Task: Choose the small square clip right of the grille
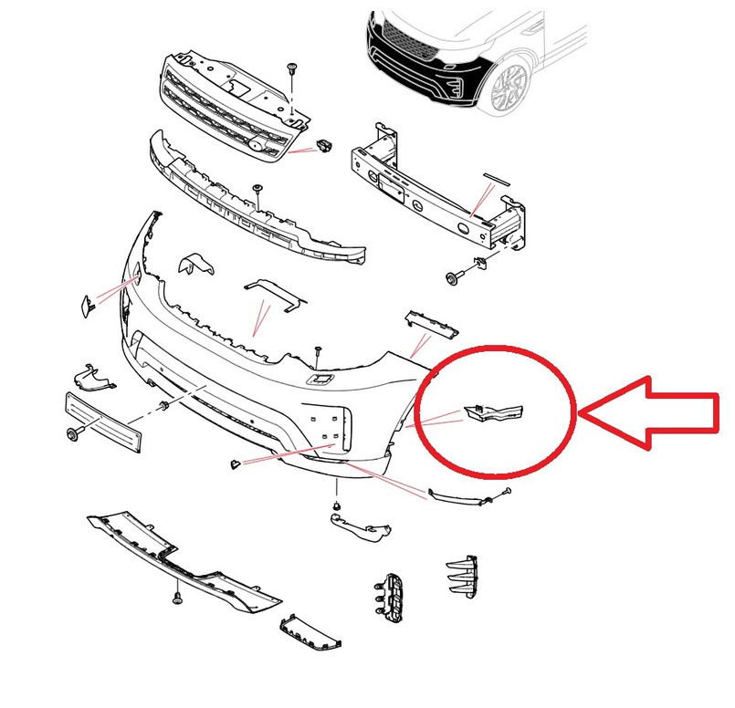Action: coord(324,143)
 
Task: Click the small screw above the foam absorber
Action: coord(258,188)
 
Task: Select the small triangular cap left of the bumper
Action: coord(84,305)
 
